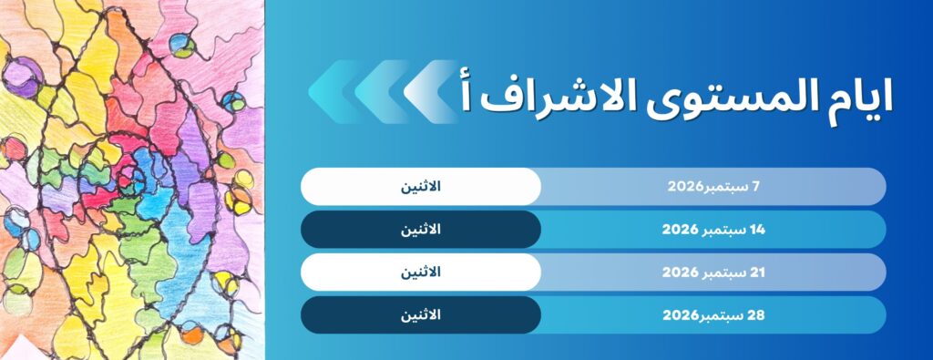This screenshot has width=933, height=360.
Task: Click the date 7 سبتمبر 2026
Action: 713,186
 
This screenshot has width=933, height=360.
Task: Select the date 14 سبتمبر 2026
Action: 713,230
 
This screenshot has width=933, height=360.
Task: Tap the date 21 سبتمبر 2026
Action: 713,273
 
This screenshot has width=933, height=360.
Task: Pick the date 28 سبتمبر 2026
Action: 713,315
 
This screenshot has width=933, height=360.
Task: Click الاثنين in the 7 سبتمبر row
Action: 421,186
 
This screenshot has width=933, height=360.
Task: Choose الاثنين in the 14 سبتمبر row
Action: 421,230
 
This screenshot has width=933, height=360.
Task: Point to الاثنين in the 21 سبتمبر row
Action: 421,273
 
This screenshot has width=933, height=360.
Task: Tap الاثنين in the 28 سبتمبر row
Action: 421,315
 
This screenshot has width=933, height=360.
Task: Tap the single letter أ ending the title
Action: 466,94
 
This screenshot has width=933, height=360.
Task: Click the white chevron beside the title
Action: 431,91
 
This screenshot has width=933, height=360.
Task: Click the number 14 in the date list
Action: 757,230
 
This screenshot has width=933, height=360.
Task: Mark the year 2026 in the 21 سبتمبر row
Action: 680,273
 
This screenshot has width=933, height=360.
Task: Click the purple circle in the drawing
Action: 23,78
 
